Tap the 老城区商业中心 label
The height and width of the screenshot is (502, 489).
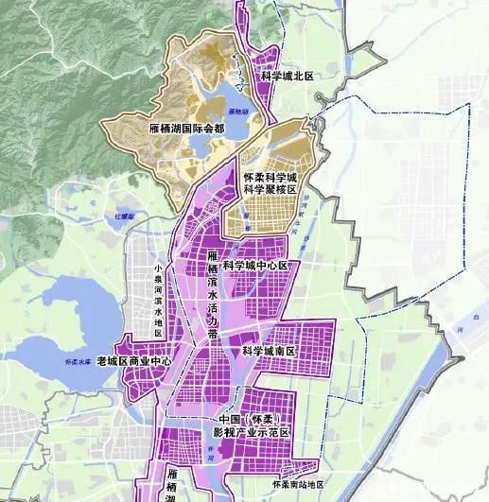(x=135, y=361)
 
